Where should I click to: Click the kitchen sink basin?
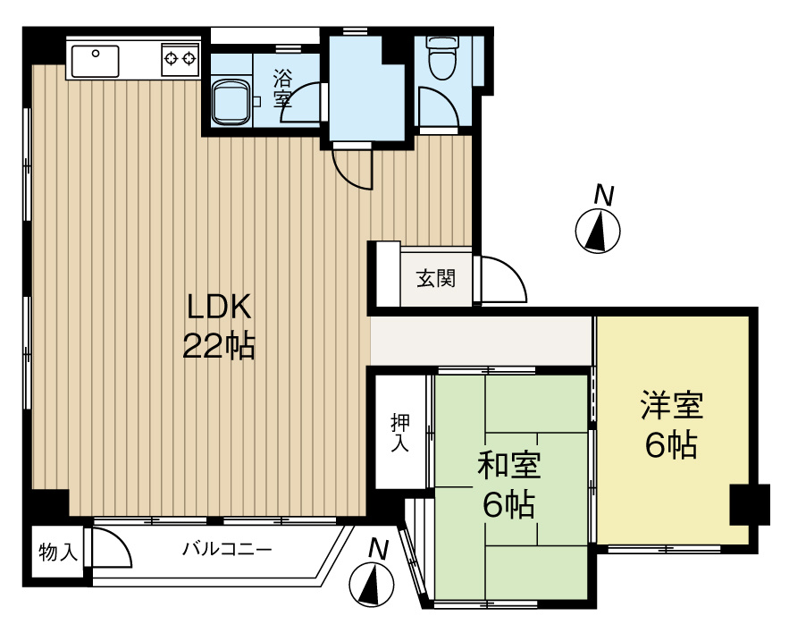tap(96, 62)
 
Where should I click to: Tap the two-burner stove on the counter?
tap(180, 60)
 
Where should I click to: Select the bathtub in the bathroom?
tap(231, 104)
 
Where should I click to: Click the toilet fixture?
tap(440, 58)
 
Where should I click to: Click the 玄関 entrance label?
tap(436, 279)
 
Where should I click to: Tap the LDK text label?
tap(220, 307)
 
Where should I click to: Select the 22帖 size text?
tap(220, 345)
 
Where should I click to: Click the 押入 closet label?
tap(399, 432)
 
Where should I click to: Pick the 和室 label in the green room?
tap(508, 466)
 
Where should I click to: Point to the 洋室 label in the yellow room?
tap(672, 406)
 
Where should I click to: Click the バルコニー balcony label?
tap(228, 548)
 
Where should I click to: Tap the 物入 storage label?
tap(56, 553)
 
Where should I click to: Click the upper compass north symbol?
tap(598, 230)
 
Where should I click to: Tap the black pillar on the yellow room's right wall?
tap(749, 504)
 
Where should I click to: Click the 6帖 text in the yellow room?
tap(671, 444)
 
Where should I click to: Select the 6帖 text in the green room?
tap(508, 505)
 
